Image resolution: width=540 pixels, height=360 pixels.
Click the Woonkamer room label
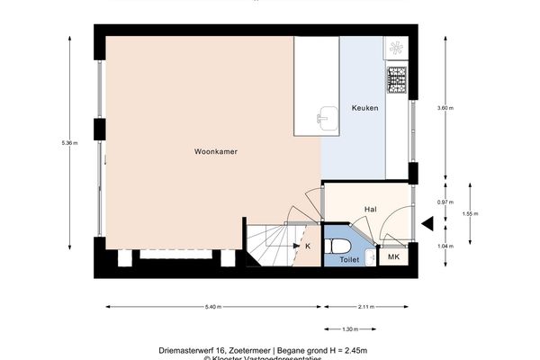click(216, 152)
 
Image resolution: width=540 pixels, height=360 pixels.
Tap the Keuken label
click(364, 108)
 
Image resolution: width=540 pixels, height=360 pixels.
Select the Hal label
click(370, 209)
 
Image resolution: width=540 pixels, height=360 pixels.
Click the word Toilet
click(347, 259)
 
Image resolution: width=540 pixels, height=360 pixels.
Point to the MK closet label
click(392, 258)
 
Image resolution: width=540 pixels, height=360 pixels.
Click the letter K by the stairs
click(308, 245)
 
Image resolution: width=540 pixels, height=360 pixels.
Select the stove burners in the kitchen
click(397, 80)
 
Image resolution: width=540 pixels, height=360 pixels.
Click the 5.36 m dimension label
click(58, 144)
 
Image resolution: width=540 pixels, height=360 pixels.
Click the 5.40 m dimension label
click(211, 307)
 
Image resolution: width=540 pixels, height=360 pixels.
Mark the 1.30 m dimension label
click(351, 328)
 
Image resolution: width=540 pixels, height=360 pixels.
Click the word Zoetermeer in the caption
click(256, 348)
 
